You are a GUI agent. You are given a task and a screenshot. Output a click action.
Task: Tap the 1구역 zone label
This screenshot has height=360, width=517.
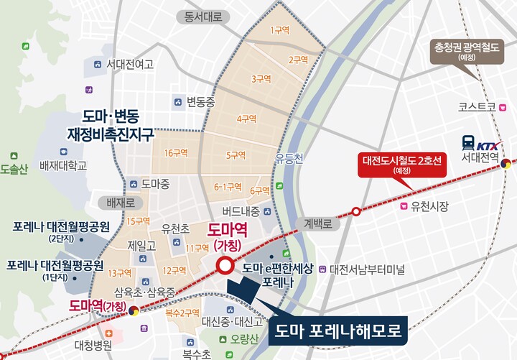(x=279, y=30)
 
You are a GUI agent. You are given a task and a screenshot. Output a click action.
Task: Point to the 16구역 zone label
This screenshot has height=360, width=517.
(x=175, y=153)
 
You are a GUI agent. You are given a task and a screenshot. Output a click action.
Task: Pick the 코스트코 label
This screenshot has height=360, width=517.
(x=478, y=106)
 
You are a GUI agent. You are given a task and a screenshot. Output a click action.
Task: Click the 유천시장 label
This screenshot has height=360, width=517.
(x=429, y=207)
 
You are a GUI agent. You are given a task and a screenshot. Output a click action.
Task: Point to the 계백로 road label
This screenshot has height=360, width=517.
(x=319, y=223)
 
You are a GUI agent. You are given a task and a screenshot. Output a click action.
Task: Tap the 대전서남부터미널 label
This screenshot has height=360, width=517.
(x=366, y=270)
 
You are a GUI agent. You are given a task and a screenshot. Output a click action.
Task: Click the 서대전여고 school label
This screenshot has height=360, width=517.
(x=130, y=64)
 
